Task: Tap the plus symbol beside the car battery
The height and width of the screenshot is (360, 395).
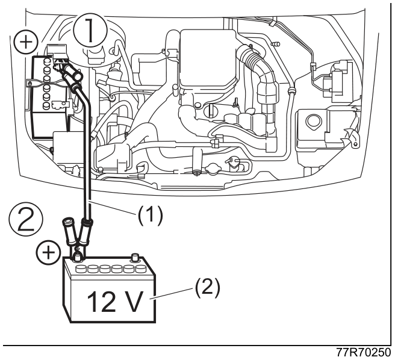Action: click(x=26, y=42)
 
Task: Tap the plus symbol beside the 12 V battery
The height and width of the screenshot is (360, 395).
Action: click(x=49, y=252)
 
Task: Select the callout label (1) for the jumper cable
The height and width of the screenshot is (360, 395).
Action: click(x=150, y=216)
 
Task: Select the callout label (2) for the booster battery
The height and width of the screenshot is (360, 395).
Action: click(x=207, y=288)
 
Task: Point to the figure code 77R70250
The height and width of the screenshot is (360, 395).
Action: click(x=363, y=352)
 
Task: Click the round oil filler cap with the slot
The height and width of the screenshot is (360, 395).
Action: click(x=209, y=111)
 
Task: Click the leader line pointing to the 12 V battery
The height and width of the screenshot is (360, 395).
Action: click(x=172, y=293)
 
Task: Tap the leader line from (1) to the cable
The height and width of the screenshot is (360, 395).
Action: click(x=113, y=208)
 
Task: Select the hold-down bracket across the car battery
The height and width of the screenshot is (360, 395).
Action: click(x=48, y=83)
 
